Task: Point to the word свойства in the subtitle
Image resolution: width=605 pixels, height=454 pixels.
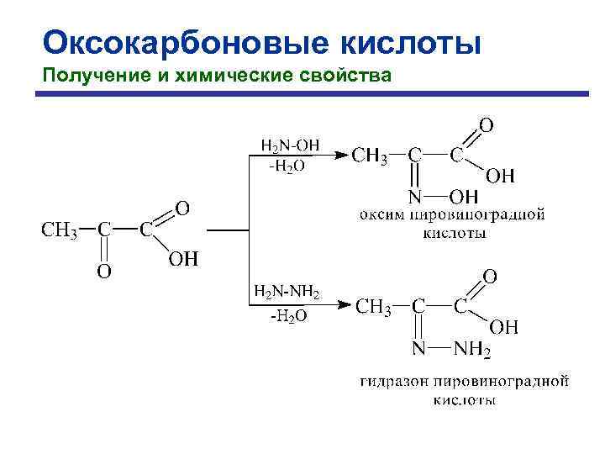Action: (352, 77)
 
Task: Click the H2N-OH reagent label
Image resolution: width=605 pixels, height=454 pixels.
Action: (289, 145)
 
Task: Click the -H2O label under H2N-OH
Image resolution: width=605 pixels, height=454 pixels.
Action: (287, 166)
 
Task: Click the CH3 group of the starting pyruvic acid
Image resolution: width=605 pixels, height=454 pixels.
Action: (59, 230)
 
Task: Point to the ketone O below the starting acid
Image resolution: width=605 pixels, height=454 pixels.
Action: (103, 271)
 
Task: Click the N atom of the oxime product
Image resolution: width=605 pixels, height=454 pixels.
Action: (414, 198)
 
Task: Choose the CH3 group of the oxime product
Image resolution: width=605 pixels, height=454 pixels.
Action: (369, 156)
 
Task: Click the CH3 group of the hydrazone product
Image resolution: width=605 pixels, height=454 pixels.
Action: (374, 307)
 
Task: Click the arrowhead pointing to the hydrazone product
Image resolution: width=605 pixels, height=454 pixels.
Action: (343, 305)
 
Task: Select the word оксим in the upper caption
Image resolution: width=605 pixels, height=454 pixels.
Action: (380, 214)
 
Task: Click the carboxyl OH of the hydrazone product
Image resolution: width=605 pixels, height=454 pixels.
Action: (504, 325)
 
